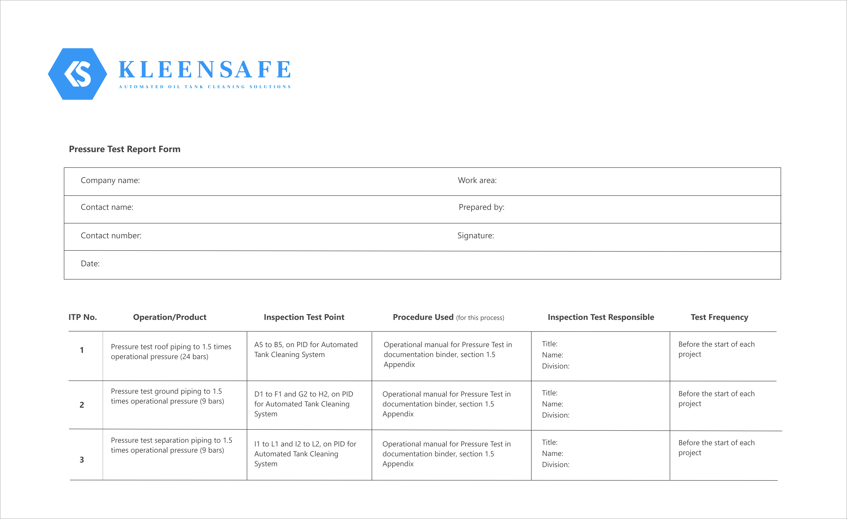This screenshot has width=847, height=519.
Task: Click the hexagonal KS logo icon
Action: point(77,74)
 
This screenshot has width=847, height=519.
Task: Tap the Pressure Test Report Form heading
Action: point(124,149)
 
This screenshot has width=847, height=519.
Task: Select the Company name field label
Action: point(110,180)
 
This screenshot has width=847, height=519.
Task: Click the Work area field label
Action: point(477,180)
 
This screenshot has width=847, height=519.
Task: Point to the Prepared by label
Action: point(481,207)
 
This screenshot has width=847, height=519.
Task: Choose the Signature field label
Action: point(475,236)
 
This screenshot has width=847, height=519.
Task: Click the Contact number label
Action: point(111,236)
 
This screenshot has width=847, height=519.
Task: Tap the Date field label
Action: point(90,264)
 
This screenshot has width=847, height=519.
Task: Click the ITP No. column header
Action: point(83,317)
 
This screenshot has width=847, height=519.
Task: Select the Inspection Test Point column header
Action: point(304,317)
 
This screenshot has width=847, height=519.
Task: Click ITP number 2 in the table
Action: point(82,405)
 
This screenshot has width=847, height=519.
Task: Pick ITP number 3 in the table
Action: point(82,460)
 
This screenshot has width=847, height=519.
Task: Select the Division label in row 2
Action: point(555,415)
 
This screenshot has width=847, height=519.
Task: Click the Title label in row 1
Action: point(550,344)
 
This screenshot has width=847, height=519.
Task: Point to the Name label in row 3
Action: point(552,454)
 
